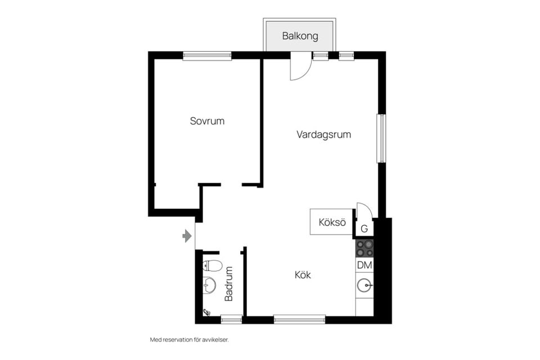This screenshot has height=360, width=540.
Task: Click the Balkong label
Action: click(300, 37)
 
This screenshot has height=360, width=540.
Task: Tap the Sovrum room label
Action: click(207, 121)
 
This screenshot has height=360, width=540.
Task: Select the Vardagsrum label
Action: click(324, 135)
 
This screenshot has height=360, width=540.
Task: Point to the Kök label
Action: click(303, 276)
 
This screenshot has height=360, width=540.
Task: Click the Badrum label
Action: click(229, 284)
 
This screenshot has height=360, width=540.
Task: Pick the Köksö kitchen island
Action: click(331, 222)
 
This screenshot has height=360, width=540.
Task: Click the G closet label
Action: click(364, 229)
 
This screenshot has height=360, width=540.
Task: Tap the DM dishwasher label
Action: click(364, 265)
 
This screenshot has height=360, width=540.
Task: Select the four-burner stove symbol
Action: click(364, 248)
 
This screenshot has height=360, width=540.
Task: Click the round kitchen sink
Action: click(365, 286)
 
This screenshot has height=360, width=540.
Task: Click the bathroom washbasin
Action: click(209, 285)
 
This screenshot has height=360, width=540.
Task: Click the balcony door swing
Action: click(300, 68)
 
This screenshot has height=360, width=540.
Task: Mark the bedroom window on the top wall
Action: click(207, 56)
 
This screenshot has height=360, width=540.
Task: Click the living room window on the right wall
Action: click(381, 139)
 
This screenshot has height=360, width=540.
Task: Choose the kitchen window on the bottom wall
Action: click(299, 319)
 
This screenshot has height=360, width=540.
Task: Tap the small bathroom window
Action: click(231, 319)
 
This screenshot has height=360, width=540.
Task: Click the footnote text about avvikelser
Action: click(190, 340)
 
